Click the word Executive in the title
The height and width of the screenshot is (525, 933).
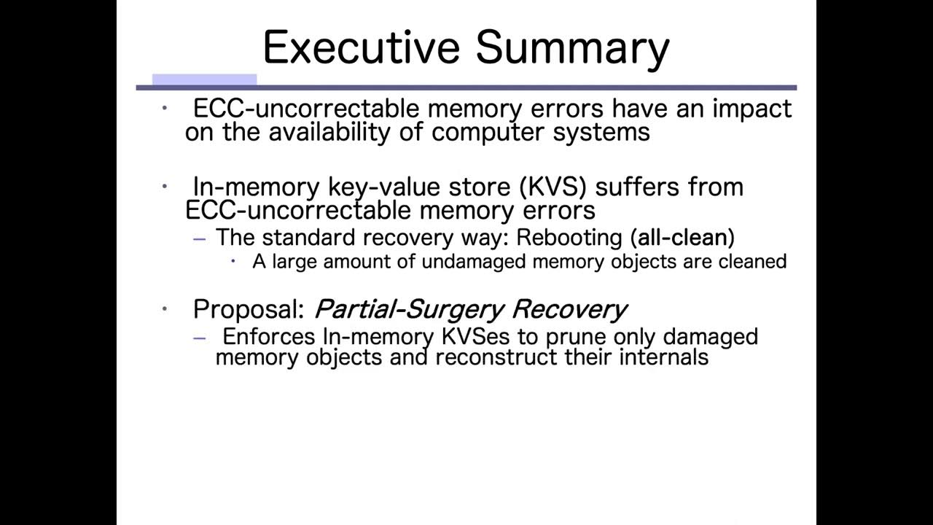pyautogui.click(x=361, y=47)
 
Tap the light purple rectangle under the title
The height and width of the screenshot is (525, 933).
pyautogui.click(x=204, y=79)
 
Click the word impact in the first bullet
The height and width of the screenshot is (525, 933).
pyautogui.click(x=752, y=109)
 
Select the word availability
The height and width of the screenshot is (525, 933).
pyautogui.click(x=347, y=132)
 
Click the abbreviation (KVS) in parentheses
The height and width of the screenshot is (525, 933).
pyautogui.click(x=553, y=187)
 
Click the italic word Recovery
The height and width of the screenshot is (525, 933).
pyautogui.click(x=569, y=309)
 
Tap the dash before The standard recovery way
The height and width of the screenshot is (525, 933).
pyautogui.click(x=200, y=238)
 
